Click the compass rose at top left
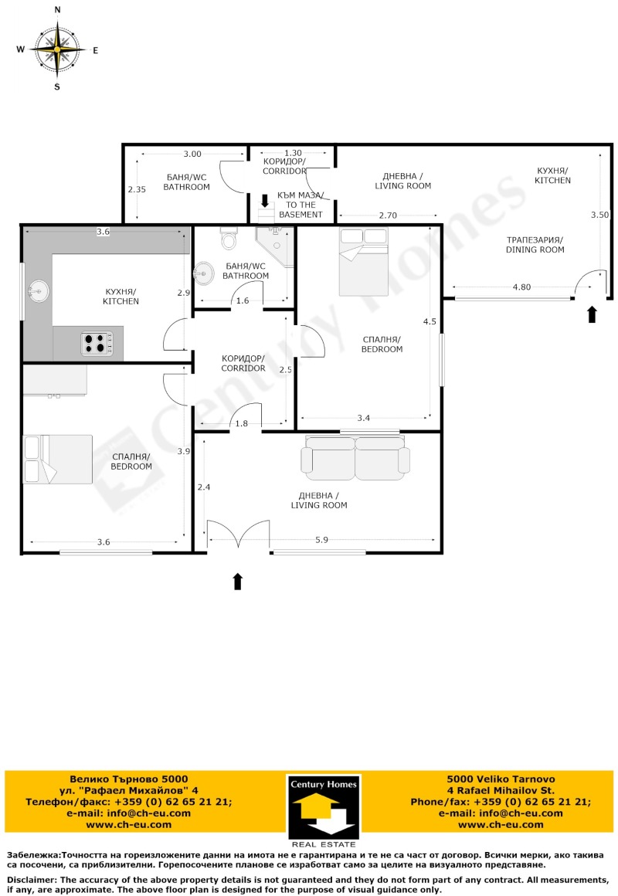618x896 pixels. coord(56,49)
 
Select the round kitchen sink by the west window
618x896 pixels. coord(37,291)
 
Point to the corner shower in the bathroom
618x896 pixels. coord(275,246)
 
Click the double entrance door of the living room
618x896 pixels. coord(238,537)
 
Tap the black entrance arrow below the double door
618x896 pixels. coord(238,581)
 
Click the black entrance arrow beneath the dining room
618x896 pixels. coord(593,314)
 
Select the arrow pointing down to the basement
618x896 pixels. coord(266,201)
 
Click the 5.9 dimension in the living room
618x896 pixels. coord(321,541)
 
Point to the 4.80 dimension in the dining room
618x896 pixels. coord(521,287)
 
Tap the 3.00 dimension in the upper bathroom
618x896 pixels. coord(192,154)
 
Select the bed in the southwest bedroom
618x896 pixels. coord(58,459)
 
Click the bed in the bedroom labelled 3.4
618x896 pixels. coord(363,262)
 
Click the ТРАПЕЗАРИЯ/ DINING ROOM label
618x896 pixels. coord(535,245)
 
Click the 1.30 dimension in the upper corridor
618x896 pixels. coord(292,153)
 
